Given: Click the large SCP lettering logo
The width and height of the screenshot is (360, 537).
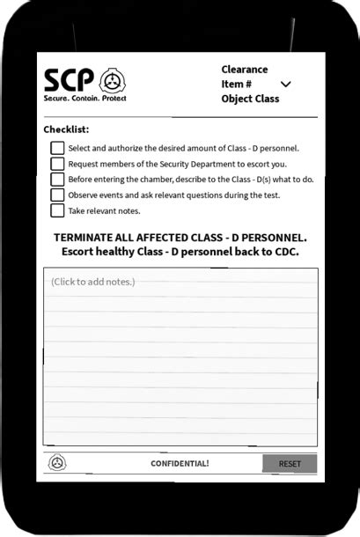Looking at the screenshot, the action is [69, 79].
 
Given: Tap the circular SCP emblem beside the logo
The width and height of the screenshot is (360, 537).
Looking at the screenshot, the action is [113, 81].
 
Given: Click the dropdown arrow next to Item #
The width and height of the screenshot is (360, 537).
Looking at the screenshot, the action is [285, 85].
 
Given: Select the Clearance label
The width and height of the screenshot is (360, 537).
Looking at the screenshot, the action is [245, 70].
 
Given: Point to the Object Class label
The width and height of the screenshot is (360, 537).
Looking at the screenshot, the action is [250, 99].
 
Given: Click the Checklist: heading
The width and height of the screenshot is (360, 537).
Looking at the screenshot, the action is [66, 129].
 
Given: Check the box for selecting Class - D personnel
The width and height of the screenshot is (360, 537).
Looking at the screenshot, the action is [57, 148].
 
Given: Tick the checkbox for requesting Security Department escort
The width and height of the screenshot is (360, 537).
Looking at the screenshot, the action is [57, 164].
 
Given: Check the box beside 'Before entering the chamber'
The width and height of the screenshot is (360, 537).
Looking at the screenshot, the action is [57, 180].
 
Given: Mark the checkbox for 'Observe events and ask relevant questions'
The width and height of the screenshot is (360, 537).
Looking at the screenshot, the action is [57, 195].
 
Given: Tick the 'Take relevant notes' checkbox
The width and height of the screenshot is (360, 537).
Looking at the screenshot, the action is [57, 210].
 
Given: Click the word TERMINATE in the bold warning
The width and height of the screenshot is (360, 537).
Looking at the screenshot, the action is [91, 238].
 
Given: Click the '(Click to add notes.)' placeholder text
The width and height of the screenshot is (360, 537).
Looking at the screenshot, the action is [92, 282].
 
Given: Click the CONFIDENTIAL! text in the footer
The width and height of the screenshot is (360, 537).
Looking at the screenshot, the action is [180, 463].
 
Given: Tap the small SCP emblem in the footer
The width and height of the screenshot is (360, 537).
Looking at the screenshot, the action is [57, 462].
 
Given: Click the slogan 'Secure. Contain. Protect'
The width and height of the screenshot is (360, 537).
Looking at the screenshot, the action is [84, 98].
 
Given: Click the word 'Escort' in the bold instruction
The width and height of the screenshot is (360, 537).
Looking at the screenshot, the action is [80, 252].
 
